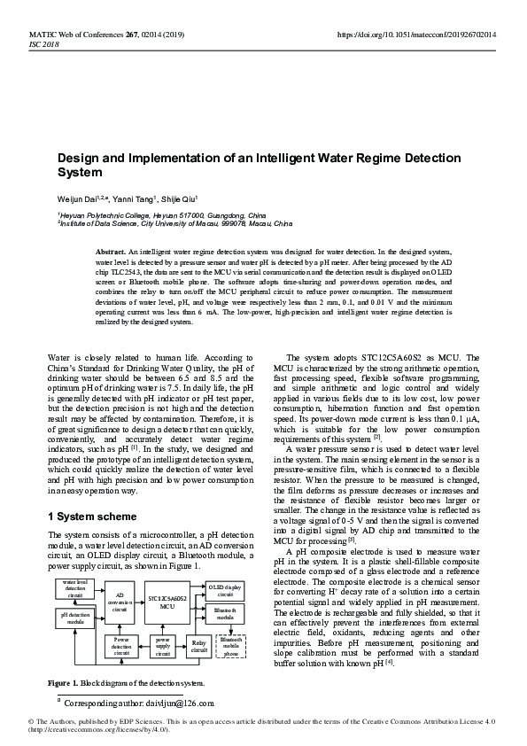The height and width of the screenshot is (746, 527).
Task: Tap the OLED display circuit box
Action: (224, 589)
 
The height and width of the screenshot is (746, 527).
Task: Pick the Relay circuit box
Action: (199, 646)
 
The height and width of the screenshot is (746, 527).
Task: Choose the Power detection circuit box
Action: (121, 646)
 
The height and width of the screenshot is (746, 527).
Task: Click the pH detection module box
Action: (75, 618)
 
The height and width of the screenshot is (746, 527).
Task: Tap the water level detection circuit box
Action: (75, 588)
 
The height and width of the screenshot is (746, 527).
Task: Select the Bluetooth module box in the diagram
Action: (224, 613)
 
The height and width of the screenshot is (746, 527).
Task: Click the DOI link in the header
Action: (415, 34)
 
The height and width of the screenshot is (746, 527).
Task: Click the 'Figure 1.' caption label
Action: (63, 683)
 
